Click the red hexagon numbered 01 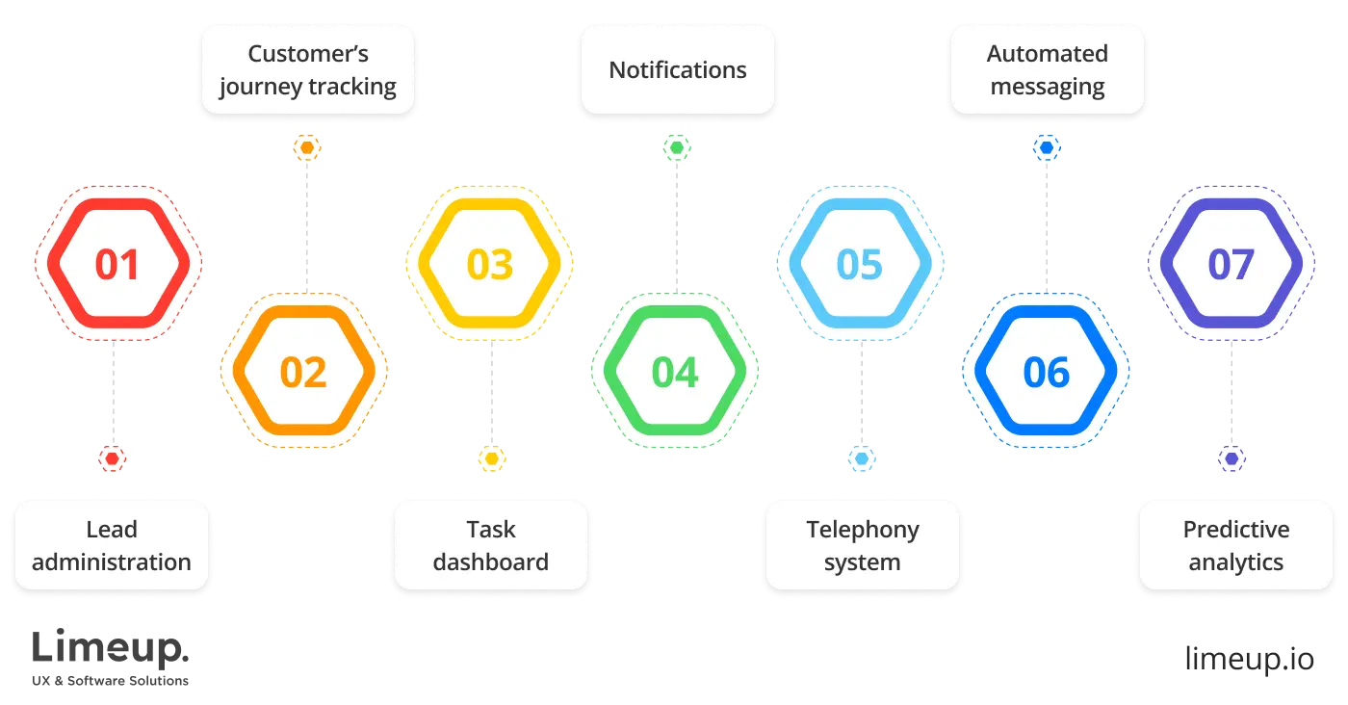pos(117,264)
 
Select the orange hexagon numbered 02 pos(303,372)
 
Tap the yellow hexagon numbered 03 pos(490,264)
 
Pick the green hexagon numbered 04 pos(675,372)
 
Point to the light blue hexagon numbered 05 pos(860,264)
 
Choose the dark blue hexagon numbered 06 pos(1046,372)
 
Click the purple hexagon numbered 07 pos(1231,264)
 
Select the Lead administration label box pos(112,545)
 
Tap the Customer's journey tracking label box pos(308,70)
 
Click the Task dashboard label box pos(490,545)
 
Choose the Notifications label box pos(678,70)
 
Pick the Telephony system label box pos(863,545)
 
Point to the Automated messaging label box pos(1048,70)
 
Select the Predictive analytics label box pos(1235,545)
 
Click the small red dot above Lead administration pos(113,459)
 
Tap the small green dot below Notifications pos(677,148)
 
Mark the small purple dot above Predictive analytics pos(1231,459)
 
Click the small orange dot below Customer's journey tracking pos(307,148)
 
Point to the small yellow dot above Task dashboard pos(491,459)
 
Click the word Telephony pos(863,530)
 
